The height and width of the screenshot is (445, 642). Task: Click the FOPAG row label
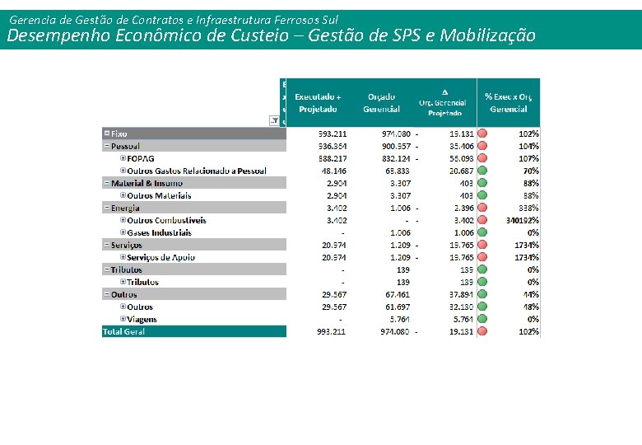141,158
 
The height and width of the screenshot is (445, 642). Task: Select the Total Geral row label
123,331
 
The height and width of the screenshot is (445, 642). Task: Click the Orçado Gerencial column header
381,103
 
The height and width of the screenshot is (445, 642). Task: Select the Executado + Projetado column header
319,103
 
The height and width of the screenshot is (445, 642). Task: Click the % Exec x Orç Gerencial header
508,103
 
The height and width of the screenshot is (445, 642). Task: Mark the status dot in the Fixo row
483,133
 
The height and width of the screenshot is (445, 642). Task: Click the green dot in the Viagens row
483,319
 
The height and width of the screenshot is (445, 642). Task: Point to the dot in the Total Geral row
483,331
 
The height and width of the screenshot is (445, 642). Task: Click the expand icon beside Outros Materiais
123,195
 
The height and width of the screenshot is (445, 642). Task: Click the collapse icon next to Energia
107,208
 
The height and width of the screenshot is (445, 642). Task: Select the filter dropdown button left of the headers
274,120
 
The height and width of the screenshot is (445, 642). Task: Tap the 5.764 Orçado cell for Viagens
398,319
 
